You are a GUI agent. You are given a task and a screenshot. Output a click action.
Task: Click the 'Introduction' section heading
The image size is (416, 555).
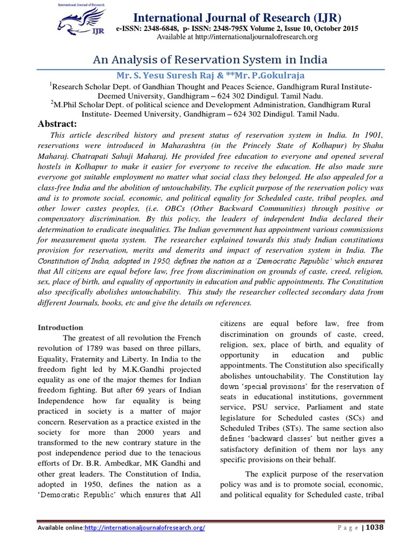pos(60,327)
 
